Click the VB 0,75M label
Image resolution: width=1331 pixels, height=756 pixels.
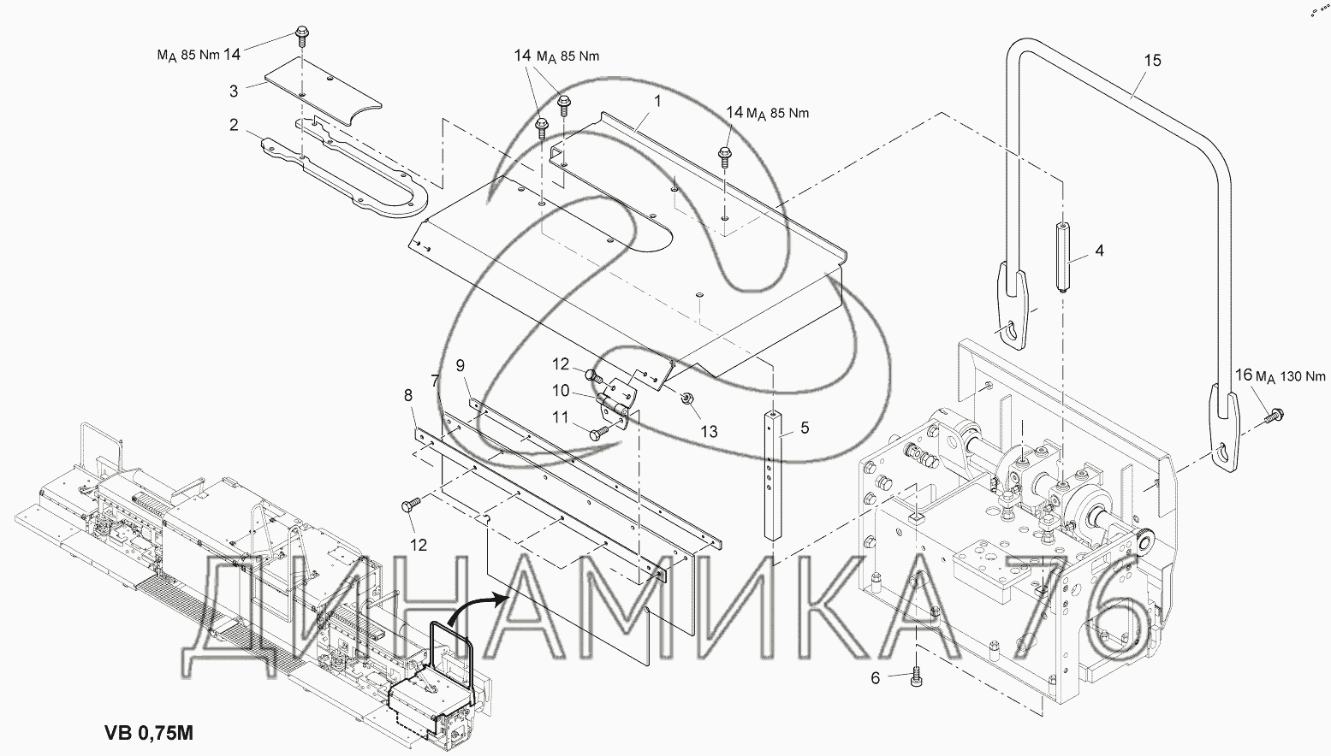149,733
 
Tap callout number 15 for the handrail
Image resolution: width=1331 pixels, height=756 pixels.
1152,61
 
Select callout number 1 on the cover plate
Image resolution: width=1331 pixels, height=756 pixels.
657,102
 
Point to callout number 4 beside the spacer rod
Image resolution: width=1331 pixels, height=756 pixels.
1099,251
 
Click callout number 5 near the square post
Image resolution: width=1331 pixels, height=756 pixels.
805,428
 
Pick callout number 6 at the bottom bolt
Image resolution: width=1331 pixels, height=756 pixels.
875,677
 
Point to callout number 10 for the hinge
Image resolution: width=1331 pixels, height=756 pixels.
561,391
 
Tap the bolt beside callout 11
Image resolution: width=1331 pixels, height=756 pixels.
599,433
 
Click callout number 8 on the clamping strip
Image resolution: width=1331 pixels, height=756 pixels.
408,395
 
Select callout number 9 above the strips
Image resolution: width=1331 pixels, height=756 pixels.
460,366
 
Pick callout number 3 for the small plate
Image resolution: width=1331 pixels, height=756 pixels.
234,92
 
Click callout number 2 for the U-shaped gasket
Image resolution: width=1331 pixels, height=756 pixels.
234,125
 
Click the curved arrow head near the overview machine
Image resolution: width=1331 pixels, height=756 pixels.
501,600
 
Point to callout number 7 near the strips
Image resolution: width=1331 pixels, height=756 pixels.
435,381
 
